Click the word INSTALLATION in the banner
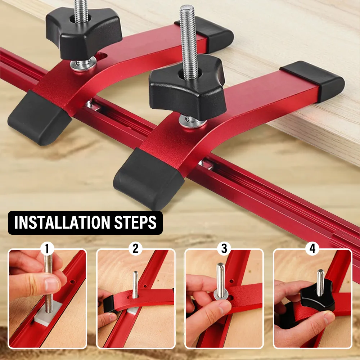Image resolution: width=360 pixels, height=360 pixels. point(62,222)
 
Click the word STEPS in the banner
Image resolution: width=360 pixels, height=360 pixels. point(135,222)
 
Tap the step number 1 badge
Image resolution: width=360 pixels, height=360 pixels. point(47,249)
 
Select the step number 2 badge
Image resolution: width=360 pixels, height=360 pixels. point(135,249)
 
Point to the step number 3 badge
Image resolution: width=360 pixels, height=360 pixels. point(224,249)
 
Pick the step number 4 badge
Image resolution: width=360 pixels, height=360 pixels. point(312,249)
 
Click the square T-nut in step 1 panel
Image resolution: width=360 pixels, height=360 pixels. point(48,314)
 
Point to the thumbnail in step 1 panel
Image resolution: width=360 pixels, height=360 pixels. point(51,284)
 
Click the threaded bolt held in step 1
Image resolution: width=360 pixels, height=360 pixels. point(49,284)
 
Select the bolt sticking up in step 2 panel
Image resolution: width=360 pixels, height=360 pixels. point(135,284)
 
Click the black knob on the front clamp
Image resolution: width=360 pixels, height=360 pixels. point(187,92)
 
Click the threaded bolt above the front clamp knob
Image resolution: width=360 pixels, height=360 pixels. point(188,41)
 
